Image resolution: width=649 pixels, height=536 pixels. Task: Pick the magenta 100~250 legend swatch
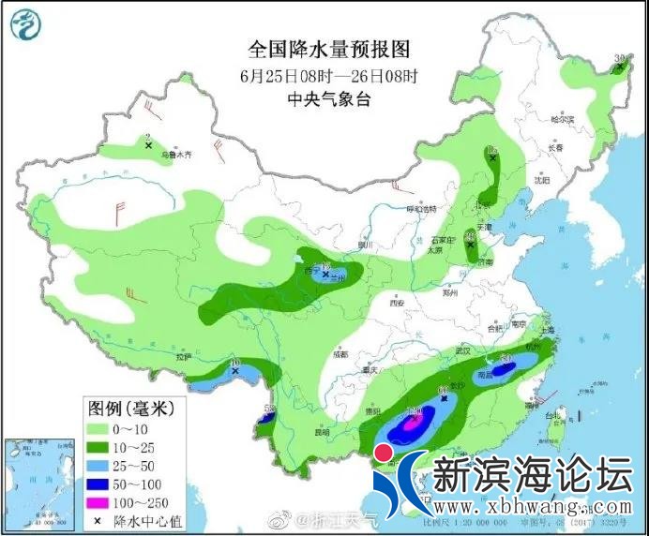click(98, 502)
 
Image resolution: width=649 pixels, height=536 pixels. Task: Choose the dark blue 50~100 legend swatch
click(98, 484)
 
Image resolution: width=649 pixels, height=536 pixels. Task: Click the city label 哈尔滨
click(562, 120)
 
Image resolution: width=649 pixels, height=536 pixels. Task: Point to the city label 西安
click(395, 304)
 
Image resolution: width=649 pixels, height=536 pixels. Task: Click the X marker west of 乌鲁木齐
click(148, 145)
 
